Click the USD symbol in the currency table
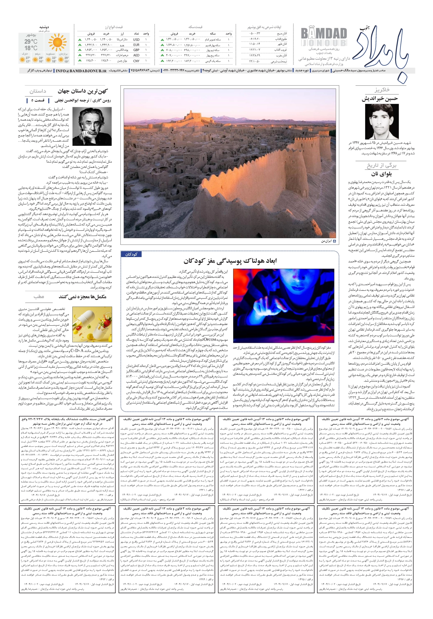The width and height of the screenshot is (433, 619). click(136, 39)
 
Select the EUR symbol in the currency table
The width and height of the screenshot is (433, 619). click(136, 45)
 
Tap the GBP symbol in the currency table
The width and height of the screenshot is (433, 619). click(136, 50)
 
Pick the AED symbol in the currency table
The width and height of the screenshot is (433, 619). click(136, 55)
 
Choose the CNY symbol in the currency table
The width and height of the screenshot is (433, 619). click(136, 61)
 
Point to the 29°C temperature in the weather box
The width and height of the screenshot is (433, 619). click(31, 42)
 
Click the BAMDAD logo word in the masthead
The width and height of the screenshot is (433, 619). click(324, 34)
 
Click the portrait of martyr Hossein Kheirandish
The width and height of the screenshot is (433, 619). click(382, 122)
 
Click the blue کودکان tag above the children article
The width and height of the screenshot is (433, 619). click(131, 254)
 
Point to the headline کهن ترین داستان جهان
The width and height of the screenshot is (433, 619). click(82, 91)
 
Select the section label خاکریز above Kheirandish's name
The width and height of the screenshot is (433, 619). click(382, 90)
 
